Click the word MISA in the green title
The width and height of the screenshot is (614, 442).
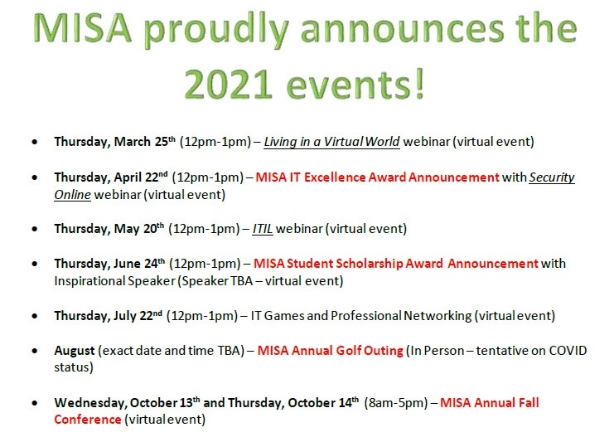(x=82, y=28)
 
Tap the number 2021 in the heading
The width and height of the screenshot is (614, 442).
(x=228, y=85)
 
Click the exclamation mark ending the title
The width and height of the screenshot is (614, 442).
(x=419, y=84)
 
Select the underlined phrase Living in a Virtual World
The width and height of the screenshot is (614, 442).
(x=331, y=142)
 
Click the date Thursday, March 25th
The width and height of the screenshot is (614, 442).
(x=114, y=142)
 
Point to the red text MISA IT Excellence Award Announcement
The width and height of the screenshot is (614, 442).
(x=378, y=177)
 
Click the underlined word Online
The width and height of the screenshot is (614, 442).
(x=72, y=195)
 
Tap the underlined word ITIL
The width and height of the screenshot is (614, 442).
(x=263, y=229)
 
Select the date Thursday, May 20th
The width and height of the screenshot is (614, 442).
(x=109, y=229)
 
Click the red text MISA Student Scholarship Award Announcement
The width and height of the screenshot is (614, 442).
(x=396, y=264)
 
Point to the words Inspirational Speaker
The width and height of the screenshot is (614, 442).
(x=114, y=281)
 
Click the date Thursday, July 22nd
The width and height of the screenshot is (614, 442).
(x=108, y=316)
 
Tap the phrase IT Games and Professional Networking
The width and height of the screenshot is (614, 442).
(x=361, y=316)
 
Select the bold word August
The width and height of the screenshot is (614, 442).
(x=75, y=351)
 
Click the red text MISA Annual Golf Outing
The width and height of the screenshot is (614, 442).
(x=330, y=350)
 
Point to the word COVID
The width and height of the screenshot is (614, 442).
(x=568, y=350)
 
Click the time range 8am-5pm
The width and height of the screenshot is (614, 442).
(x=396, y=403)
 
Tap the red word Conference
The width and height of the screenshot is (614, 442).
(x=88, y=420)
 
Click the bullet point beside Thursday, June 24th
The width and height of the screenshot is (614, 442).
(x=36, y=264)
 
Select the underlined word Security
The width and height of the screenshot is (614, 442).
(x=552, y=178)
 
